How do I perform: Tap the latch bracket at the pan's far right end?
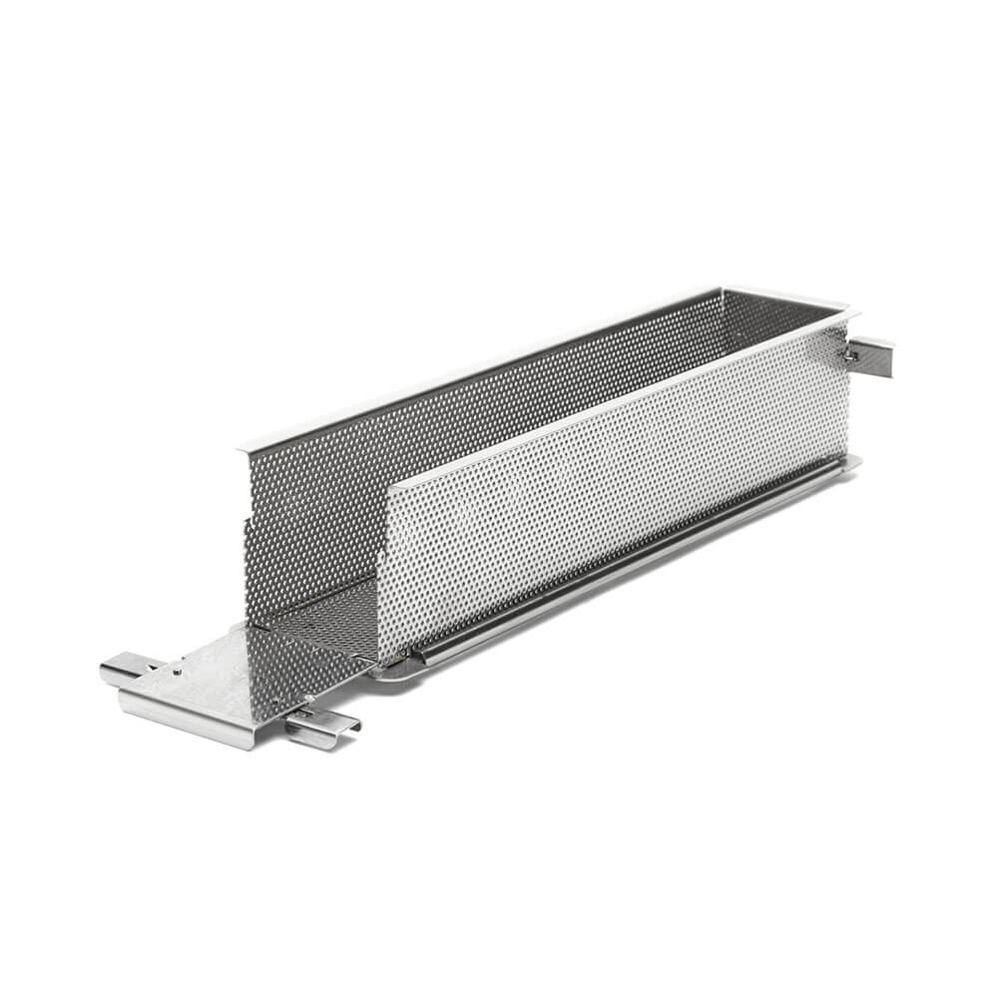[x=873, y=353]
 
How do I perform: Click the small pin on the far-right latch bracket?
[x=854, y=353]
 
